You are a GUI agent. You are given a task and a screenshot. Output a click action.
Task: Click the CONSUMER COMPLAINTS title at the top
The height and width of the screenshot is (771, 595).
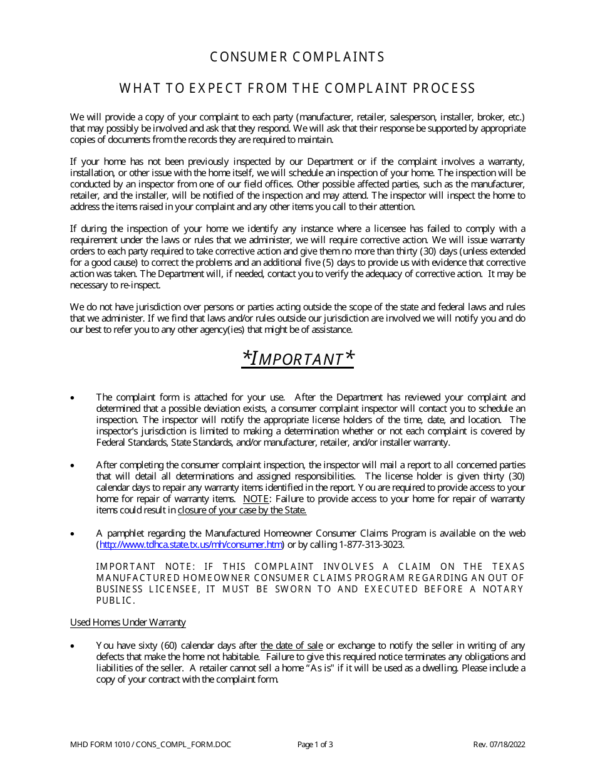click(297, 57)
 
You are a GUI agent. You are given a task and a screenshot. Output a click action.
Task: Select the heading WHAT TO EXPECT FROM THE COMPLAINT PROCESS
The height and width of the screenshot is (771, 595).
click(297, 88)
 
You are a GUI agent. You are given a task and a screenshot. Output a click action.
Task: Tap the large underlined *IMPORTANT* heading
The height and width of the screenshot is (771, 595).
click(297, 358)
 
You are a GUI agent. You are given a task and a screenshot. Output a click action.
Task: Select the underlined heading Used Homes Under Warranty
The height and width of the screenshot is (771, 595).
click(128, 622)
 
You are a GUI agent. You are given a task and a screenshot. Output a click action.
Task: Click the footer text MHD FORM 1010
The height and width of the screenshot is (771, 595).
click(98, 745)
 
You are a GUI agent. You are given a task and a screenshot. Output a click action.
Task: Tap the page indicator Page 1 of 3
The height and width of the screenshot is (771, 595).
click(315, 745)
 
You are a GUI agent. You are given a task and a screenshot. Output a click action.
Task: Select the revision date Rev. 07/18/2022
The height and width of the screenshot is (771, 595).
click(499, 745)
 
